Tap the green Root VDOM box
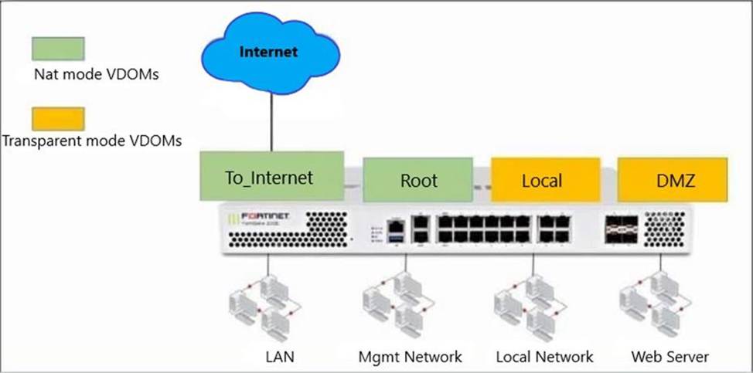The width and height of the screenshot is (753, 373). click(x=418, y=180)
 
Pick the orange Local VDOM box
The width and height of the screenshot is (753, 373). click(x=545, y=180)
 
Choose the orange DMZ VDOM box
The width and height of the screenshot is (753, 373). click(x=671, y=180)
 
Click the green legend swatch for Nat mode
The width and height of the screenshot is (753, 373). click(x=57, y=48)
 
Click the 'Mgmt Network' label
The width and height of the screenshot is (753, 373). click(x=411, y=356)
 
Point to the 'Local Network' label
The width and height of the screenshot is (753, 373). click(x=545, y=356)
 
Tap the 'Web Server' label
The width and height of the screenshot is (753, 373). click(x=670, y=356)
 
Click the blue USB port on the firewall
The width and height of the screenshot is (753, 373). click(x=397, y=241)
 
